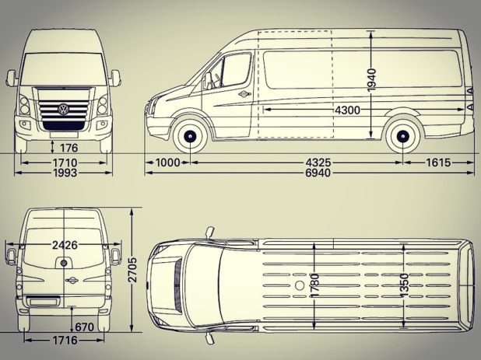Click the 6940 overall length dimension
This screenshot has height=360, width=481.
[x=318, y=173]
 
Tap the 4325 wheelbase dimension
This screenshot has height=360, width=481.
[x=318, y=163]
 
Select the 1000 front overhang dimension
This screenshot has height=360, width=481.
[x=168, y=163]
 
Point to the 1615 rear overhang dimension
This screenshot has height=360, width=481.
[x=438, y=163]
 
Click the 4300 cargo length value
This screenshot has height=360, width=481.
[x=347, y=110]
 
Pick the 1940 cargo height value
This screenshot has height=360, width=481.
[x=371, y=80]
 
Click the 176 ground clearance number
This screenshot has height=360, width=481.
[x=68, y=148]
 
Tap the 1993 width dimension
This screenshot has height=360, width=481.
[x=65, y=173]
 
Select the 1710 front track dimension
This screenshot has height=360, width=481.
[x=65, y=163]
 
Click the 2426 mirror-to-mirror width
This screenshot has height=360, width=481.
[x=65, y=245]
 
